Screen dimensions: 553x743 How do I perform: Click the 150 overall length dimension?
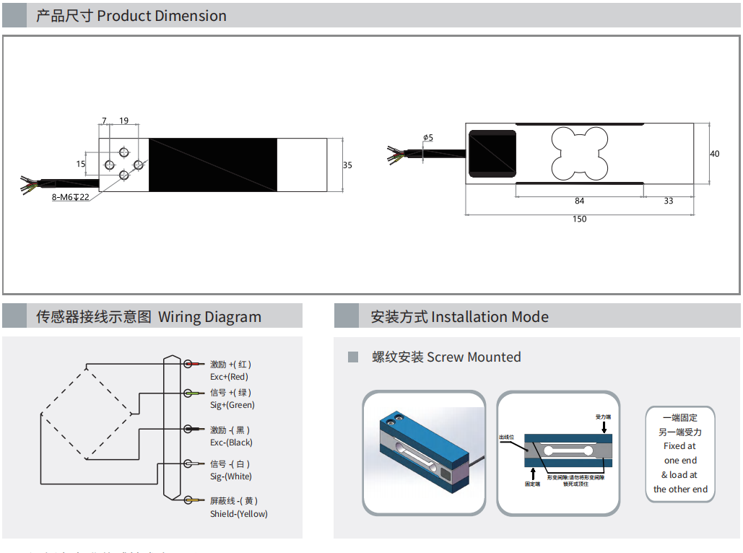click(x=579, y=219)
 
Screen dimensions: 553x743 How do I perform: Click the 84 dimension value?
click(x=579, y=201)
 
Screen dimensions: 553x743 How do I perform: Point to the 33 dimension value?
click(x=668, y=201)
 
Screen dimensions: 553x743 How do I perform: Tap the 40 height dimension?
click(x=715, y=154)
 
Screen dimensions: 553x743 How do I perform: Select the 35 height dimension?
click(x=347, y=165)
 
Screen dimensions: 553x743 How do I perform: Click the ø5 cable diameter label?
click(x=428, y=137)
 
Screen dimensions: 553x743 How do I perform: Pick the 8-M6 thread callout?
click(x=70, y=197)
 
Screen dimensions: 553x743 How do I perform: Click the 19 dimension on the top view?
click(x=124, y=121)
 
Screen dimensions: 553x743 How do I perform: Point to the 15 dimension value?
click(x=80, y=164)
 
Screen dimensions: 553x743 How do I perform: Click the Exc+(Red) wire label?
click(x=229, y=377)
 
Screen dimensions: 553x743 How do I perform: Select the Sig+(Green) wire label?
click(x=233, y=405)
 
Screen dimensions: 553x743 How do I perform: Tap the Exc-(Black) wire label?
click(x=231, y=443)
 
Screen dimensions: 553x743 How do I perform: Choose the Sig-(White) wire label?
click(x=231, y=476)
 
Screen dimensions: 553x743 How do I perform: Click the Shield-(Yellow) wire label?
click(x=238, y=514)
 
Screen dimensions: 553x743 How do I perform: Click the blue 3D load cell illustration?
click(x=425, y=451)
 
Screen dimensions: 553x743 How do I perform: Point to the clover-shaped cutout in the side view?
click(x=579, y=153)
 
